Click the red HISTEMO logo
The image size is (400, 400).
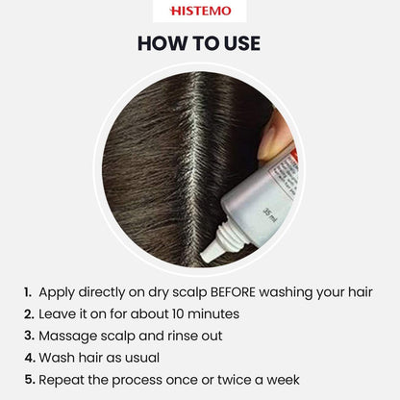(200, 11)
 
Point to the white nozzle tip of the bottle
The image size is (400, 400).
(207, 255)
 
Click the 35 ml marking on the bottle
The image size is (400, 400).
(269, 215)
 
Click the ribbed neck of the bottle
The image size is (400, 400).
(228, 237)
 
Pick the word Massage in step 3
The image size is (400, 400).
(67, 336)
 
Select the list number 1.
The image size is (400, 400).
(28, 292)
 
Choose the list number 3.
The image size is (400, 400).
(29, 336)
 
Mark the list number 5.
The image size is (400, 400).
(29, 380)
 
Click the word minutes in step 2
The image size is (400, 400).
(213, 313)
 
